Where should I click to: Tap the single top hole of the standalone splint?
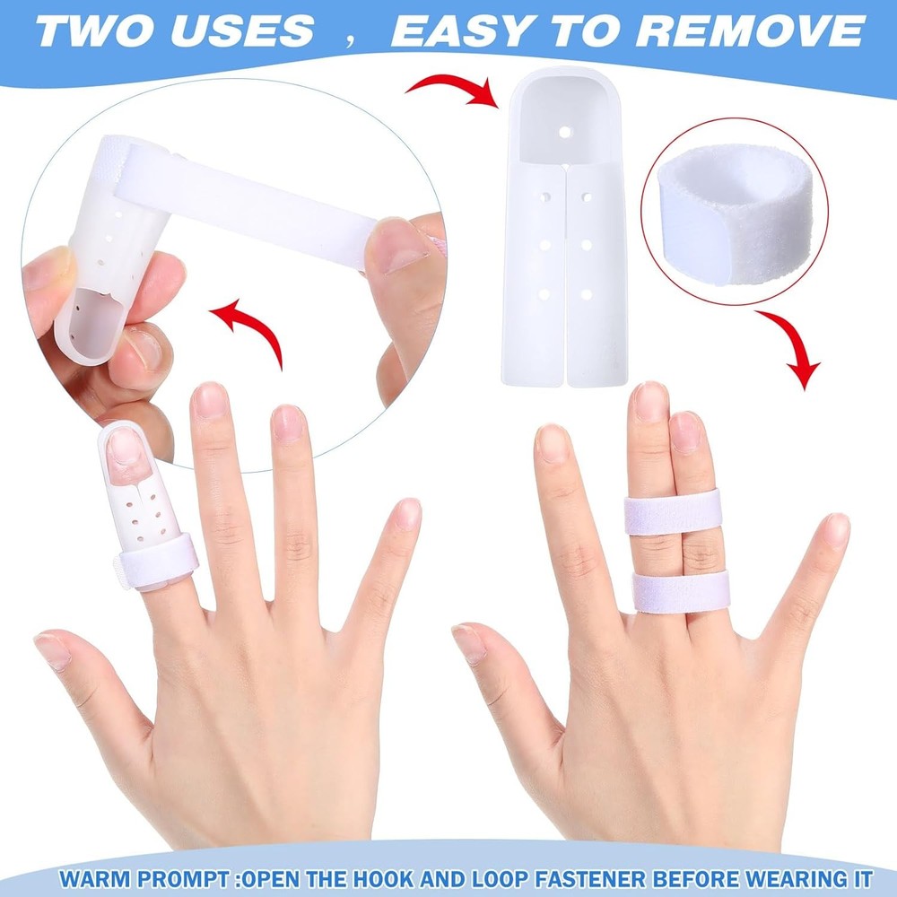(x=565, y=131)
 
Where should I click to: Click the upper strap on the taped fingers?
(x=673, y=512)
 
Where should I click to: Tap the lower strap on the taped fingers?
(x=681, y=592)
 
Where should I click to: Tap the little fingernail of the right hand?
(x=836, y=529)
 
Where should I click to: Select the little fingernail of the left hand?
(x=408, y=513)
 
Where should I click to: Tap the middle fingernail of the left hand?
(x=212, y=401)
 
